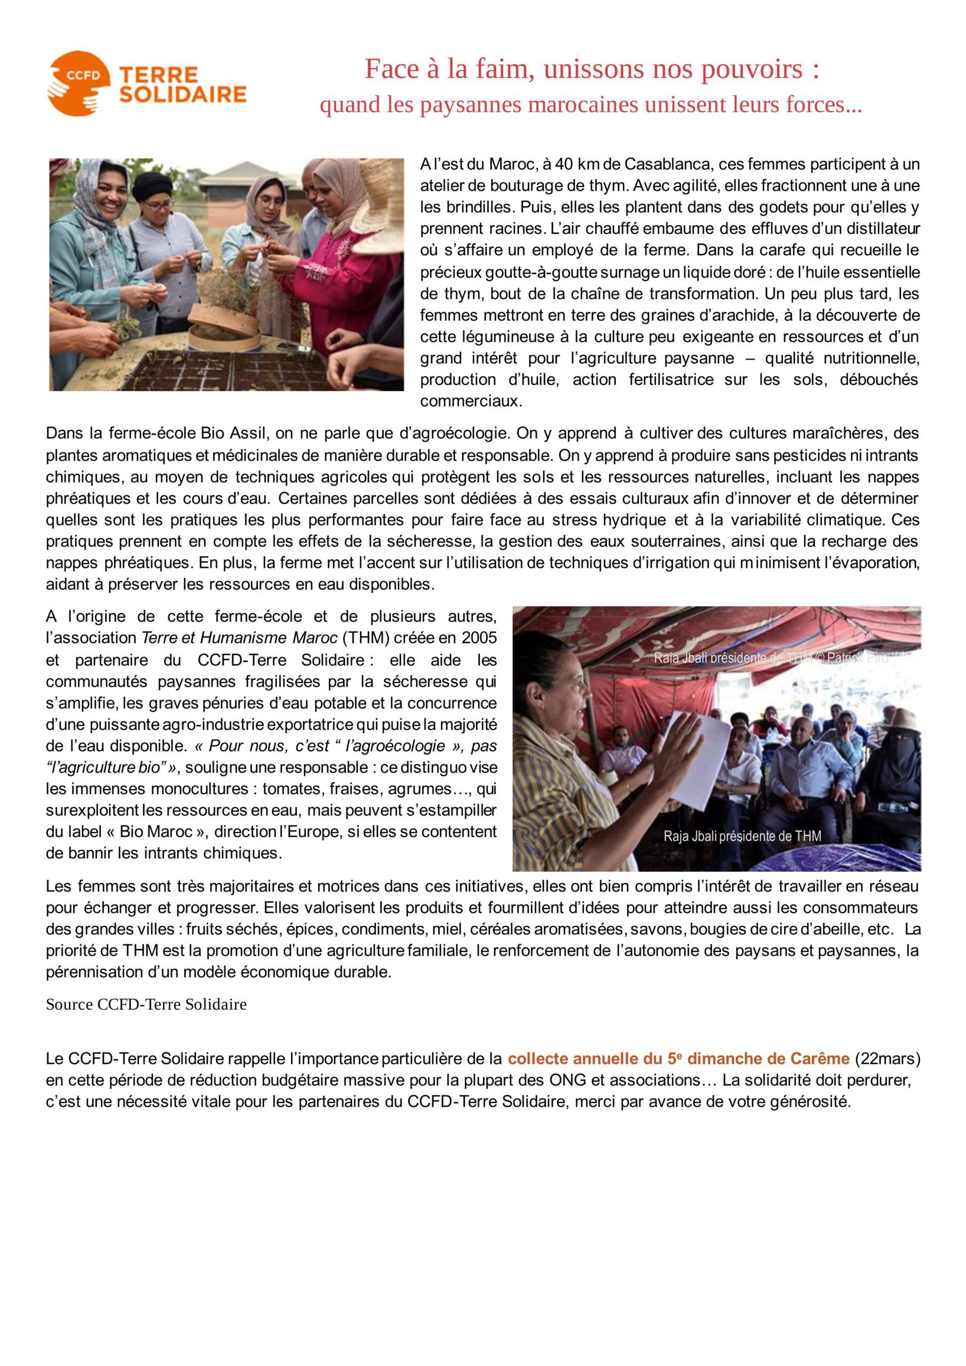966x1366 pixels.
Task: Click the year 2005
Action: pos(478,638)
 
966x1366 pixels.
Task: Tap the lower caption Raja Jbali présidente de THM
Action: pos(742,836)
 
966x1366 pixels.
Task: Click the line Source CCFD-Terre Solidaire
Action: pos(146,1004)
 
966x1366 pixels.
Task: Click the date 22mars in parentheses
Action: pos(888,1059)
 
